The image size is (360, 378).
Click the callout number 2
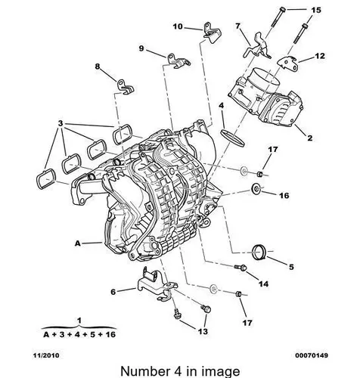(309, 138)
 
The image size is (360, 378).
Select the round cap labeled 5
(259, 251)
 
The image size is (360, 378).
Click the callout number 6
(113, 292)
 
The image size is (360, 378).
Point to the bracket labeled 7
(256, 47)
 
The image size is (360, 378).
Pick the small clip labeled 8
(125, 86)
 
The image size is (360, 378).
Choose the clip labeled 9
(178, 60)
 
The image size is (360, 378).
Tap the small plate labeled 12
(287, 64)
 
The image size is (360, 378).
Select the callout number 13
(202, 331)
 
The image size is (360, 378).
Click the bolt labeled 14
(241, 267)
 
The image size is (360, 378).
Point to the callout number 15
(316, 10)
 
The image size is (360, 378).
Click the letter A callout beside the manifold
(78, 243)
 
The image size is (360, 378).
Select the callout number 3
(60, 123)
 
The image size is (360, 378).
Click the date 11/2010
(46, 355)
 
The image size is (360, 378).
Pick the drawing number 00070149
(312, 355)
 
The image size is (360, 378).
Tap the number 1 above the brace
(79, 321)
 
